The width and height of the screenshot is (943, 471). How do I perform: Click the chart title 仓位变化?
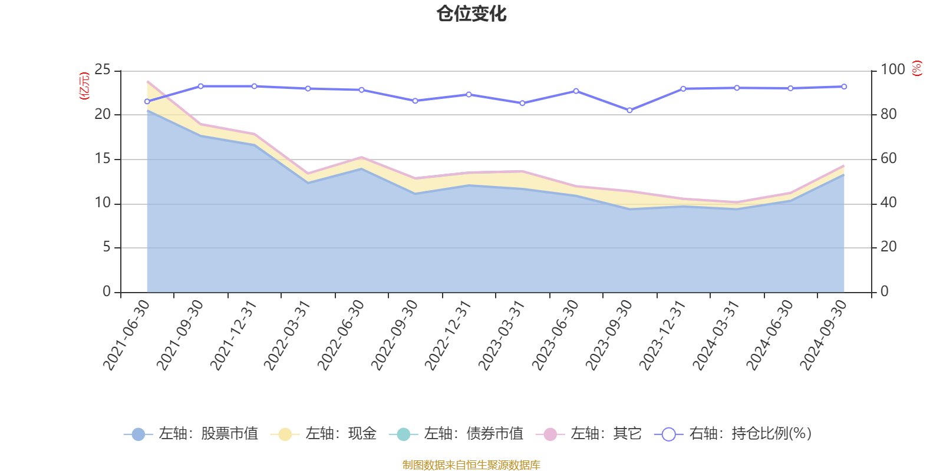(471, 14)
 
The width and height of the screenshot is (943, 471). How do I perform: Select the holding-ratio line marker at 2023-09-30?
(629, 110)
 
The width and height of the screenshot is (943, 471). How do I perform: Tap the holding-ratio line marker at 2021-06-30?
(147, 101)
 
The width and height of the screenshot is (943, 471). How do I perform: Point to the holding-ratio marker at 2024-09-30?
(844, 87)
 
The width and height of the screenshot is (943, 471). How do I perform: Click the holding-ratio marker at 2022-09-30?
(415, 101)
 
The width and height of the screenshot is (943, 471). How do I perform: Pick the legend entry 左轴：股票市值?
(191, 434)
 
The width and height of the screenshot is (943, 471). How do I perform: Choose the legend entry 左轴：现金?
(324, 434)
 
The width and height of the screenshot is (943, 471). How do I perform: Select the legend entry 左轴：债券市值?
(456, 434)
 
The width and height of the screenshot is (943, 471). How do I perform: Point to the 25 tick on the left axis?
(103, 70)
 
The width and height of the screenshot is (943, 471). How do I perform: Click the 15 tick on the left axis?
(103, 159)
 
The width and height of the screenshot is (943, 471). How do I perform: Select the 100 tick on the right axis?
(892, 70)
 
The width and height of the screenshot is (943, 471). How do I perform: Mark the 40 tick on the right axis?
(889, 203)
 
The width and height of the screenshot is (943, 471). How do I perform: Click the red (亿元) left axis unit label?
(84, 86)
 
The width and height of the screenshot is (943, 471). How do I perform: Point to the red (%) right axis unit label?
(916, 68)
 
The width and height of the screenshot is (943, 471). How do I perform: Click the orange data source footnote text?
(471, 465)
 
